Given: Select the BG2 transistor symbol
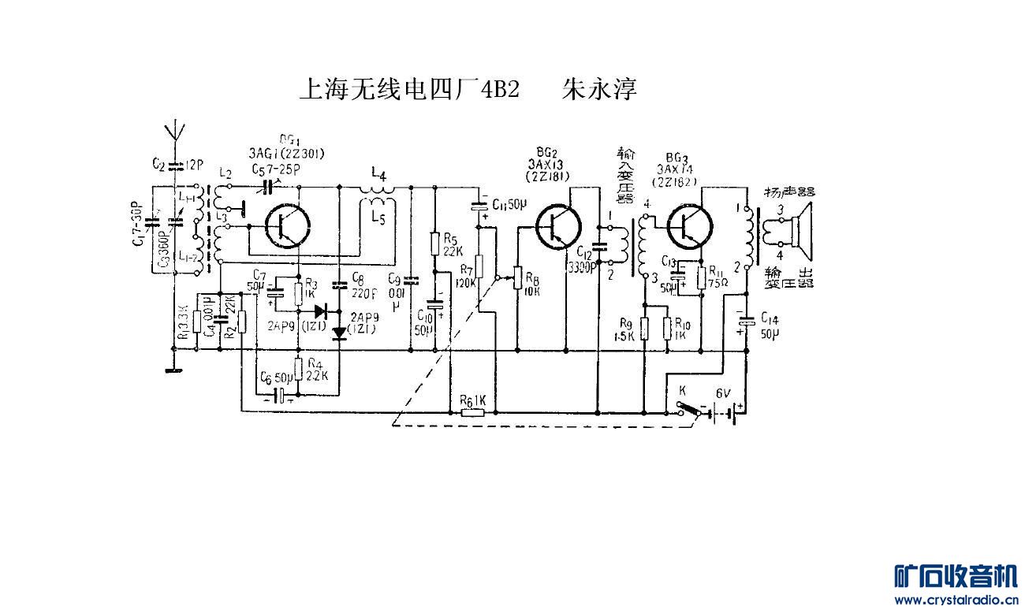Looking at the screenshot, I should coord(558,225).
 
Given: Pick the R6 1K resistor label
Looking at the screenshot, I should coord(474,400).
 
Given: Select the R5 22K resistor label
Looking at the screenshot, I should coord(453,244).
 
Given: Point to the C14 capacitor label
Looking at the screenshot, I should coord(770,325).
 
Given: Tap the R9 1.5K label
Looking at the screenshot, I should coord(628,329).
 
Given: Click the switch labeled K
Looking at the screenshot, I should coord(682,390).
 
